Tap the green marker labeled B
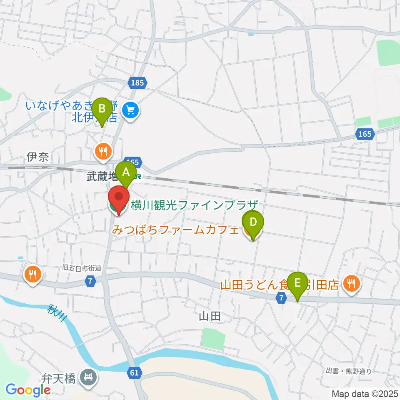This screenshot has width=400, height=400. point(101,110)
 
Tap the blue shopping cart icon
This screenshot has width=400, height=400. point(131,111)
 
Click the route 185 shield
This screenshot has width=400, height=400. point(137,83)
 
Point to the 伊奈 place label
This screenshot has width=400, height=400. point(38,157)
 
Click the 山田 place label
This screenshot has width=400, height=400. point(209,317)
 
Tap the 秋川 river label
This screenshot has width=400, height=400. point(57,313)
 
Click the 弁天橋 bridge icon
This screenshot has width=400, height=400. point(89,378)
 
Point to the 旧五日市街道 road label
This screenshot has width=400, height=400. point(81,269)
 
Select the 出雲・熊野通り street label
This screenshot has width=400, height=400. point(348,371)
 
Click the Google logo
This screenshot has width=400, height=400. point(28,390)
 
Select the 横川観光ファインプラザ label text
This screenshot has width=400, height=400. point(195,205)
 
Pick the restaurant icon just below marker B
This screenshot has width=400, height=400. point(102,150)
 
